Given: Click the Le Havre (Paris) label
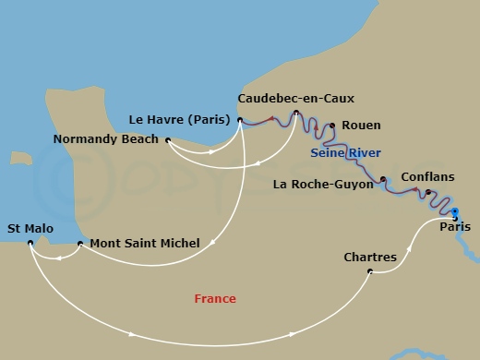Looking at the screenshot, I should point(184,118).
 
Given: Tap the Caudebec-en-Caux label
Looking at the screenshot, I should point(295,98).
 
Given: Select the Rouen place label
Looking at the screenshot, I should point(361,126).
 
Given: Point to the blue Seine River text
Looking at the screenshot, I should point(346,152).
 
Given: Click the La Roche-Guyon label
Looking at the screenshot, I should point(323,184).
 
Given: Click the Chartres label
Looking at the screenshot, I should point(369,257).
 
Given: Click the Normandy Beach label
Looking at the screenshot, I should point(107,140).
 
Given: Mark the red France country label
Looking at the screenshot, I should point(214,298).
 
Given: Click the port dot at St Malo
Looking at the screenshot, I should point(30,243).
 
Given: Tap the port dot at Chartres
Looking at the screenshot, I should point(370,271).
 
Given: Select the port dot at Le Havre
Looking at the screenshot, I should point(240,119).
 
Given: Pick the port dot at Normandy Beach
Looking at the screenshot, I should point(168,140).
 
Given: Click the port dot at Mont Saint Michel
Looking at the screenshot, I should point(80,244).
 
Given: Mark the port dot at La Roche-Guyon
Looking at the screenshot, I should point(382,179).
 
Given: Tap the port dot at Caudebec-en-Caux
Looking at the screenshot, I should point(295,114).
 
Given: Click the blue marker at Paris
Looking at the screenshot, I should point(453,214).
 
